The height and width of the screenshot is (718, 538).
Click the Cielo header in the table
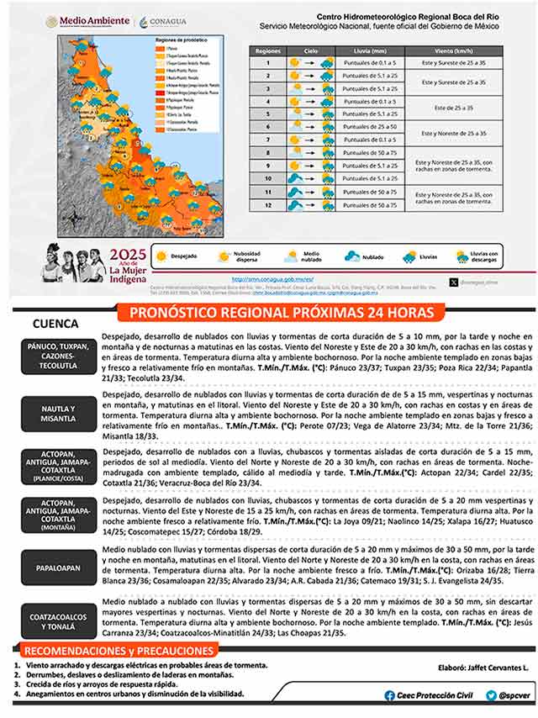click(310, 51)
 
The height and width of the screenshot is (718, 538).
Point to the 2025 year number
click(128, 256)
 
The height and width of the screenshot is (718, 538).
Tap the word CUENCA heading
click(55, 324)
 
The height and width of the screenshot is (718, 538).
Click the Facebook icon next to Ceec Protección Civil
click(389, 695)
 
